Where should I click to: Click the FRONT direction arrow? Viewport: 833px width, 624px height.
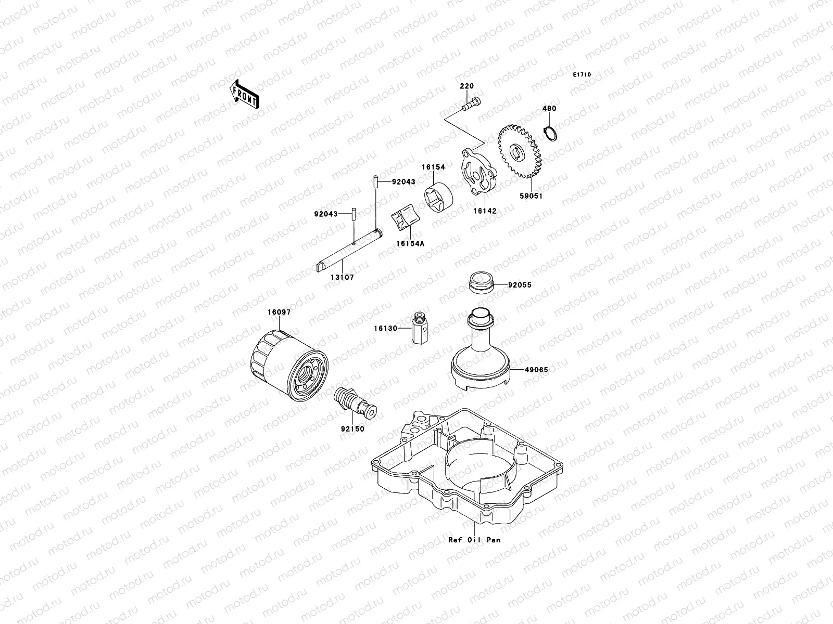246,94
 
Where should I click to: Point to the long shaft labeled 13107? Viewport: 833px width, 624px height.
349,250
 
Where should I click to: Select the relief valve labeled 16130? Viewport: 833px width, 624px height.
420,331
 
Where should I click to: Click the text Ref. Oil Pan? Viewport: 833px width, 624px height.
474,540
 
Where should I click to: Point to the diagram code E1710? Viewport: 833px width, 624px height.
582,75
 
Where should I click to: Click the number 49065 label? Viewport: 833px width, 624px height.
536,370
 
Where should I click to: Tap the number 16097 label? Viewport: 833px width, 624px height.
279,312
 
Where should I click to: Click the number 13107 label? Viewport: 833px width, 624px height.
342,278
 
